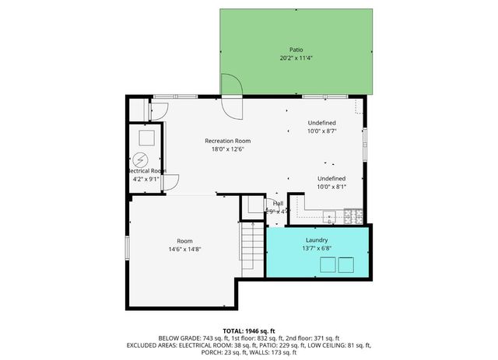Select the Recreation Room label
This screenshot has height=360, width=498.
[227, 141]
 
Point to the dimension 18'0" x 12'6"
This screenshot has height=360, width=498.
[227, 149]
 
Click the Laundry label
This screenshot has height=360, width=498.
[317, 240]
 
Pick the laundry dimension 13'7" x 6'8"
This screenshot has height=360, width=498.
[317, 248]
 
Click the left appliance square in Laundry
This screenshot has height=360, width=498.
[327, 265]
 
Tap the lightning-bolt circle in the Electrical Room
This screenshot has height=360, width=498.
[141, 160]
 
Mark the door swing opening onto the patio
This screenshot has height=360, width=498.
[230, 86]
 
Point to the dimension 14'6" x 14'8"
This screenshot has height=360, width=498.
[184, 250]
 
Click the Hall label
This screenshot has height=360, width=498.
[278, 203]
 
